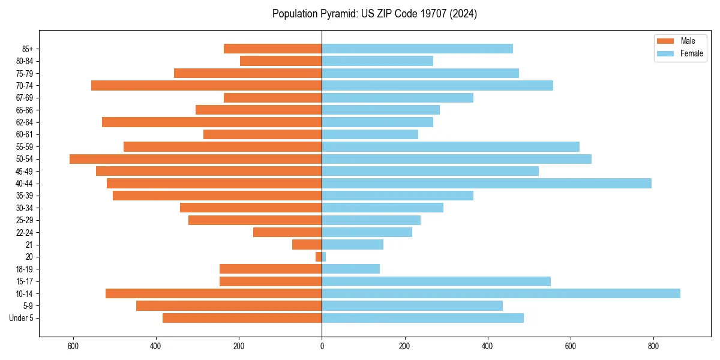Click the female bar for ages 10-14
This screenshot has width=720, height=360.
coord(501,293)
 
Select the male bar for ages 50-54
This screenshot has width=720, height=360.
coord(196,159)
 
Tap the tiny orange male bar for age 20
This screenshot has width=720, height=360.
coord(319,257)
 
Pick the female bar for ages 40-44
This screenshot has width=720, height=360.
coord(487,184)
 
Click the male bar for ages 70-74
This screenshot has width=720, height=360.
coord(206,86)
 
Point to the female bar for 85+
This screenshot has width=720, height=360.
coord(418,49)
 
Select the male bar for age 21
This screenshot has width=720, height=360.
coord(307,245)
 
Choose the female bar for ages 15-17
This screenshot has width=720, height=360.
coord(436,281)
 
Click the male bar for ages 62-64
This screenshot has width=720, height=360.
coord(212,122)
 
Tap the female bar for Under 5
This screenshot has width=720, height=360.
coord(423,318)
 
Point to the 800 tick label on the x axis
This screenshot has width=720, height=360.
coord(653,346)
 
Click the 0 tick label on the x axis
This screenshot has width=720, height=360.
coord(322,346)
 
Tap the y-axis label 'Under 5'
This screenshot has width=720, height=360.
coord(22,318)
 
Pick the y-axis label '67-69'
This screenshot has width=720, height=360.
coord(25,98)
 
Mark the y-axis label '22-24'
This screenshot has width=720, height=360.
coord(25,233)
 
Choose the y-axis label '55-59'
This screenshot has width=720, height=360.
coord(25,147)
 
